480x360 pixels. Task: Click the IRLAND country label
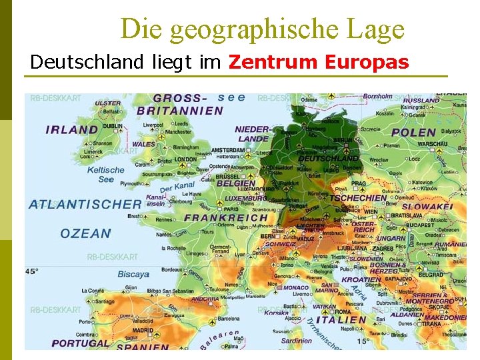click(x=71, y=129)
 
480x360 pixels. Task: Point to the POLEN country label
click(x=414, y=132)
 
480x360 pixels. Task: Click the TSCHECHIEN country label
click(x=358, y=197)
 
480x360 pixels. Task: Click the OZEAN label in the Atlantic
click(x=85, y=233)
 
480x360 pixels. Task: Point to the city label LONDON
click(x=186, y=159)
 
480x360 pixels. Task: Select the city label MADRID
click(x=143, y=330)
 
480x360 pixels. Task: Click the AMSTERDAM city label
click(x=229, y=150)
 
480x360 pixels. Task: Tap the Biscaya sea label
click(x=133, y=274)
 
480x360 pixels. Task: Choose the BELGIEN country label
click(x=235, y=183)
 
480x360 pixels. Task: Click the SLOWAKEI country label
click(x=427, y=207)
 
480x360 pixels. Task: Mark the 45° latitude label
click(x=32, y=271)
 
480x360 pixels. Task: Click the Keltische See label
click(x=106, y=175)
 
